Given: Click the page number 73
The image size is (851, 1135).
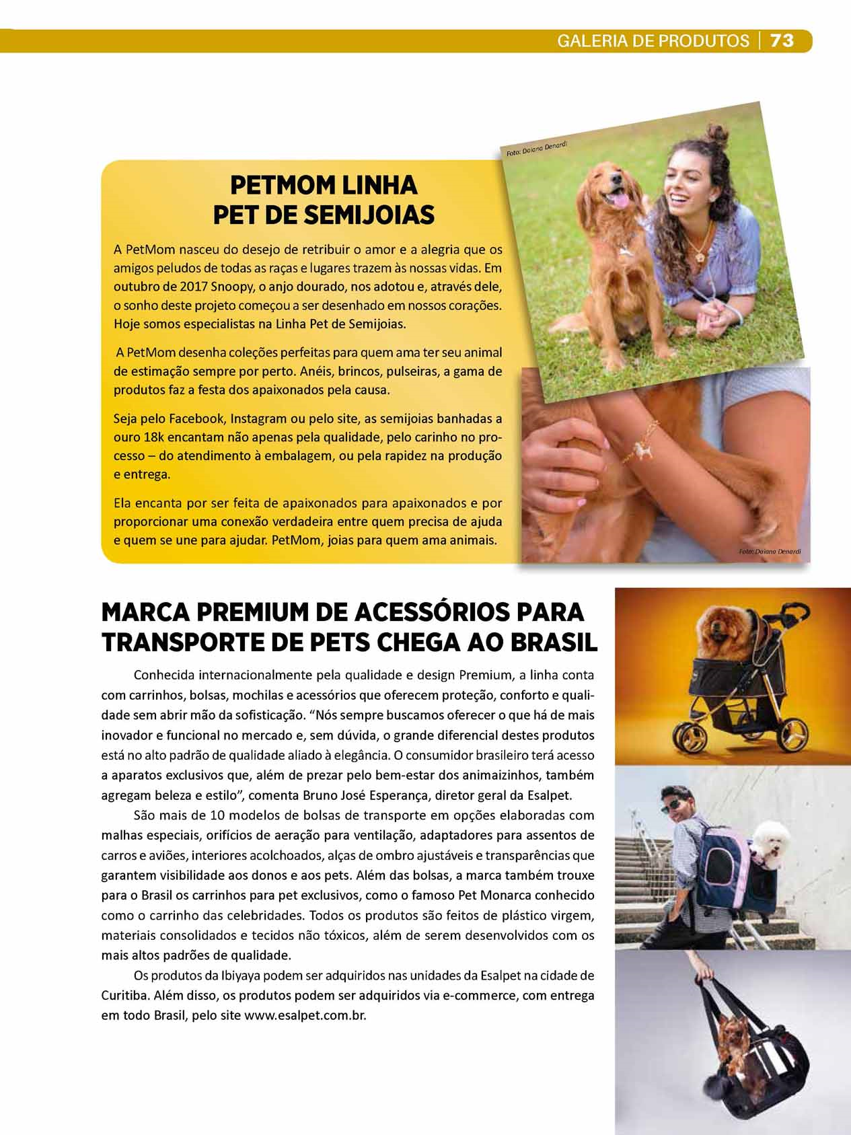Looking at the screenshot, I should tap(782, 41).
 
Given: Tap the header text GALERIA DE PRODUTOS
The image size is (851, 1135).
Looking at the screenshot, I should tap(653, 41).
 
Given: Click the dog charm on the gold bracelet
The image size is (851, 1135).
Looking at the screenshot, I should tap(644, 451).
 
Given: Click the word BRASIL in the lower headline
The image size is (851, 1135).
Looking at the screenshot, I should tap(554, 643).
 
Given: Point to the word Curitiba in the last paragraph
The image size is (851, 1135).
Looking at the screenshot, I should tap(125, 995).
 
